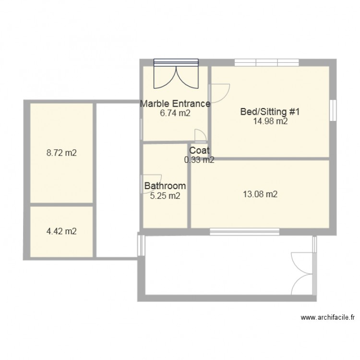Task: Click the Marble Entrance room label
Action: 175,104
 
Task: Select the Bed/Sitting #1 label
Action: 270,112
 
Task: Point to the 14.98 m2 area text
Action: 270,121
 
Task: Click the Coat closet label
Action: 199,151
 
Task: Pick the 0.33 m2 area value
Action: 199,160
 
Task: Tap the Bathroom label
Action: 165,186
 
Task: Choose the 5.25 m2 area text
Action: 165,195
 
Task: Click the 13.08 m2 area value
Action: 260,194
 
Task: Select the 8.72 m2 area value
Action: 61,154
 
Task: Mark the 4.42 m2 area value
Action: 61,231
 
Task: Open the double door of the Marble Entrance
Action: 176,75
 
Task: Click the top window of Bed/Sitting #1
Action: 266,62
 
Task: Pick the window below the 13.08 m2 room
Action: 238,232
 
